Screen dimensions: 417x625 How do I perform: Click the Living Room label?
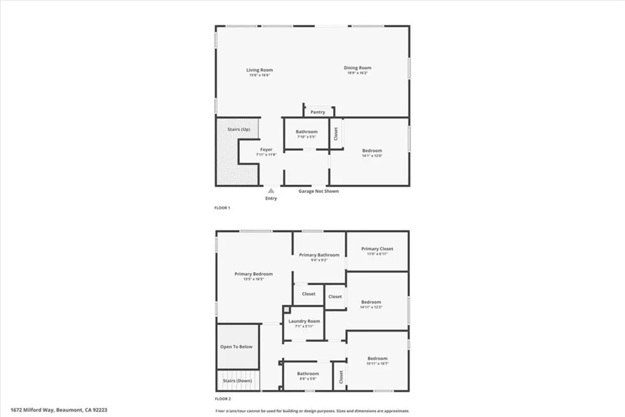(x=259, y=70)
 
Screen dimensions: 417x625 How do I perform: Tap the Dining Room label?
(x=357, y=68)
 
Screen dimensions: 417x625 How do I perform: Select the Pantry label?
(x=317, y=112)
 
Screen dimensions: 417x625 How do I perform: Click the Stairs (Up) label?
(x=239, y=129)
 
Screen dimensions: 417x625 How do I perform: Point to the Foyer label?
(x=266, y=150)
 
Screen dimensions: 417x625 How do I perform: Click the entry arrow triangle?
(x=271, y=191)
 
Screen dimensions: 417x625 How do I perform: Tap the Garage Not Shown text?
(x=318, y=191)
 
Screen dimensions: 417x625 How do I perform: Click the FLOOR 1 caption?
(x=222, y=208)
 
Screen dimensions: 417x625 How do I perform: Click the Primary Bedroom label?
(x=253, y=274)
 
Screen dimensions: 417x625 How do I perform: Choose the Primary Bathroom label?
(x=319, y=255)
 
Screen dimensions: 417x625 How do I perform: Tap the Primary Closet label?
(x=377, y=248)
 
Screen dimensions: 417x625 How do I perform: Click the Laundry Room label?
(x=304, y=321)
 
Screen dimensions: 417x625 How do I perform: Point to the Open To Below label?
(x=236, y=347)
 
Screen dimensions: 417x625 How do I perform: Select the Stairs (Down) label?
(x=237, y=380)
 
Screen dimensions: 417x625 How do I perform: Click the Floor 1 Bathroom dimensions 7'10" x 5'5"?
(x=306, y=137)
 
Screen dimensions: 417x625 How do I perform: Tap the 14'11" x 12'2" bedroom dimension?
(x=371, y=307)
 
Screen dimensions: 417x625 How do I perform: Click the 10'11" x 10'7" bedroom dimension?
(x=377, y=364)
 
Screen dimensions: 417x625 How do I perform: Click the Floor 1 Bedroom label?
(x=372, y=151)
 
